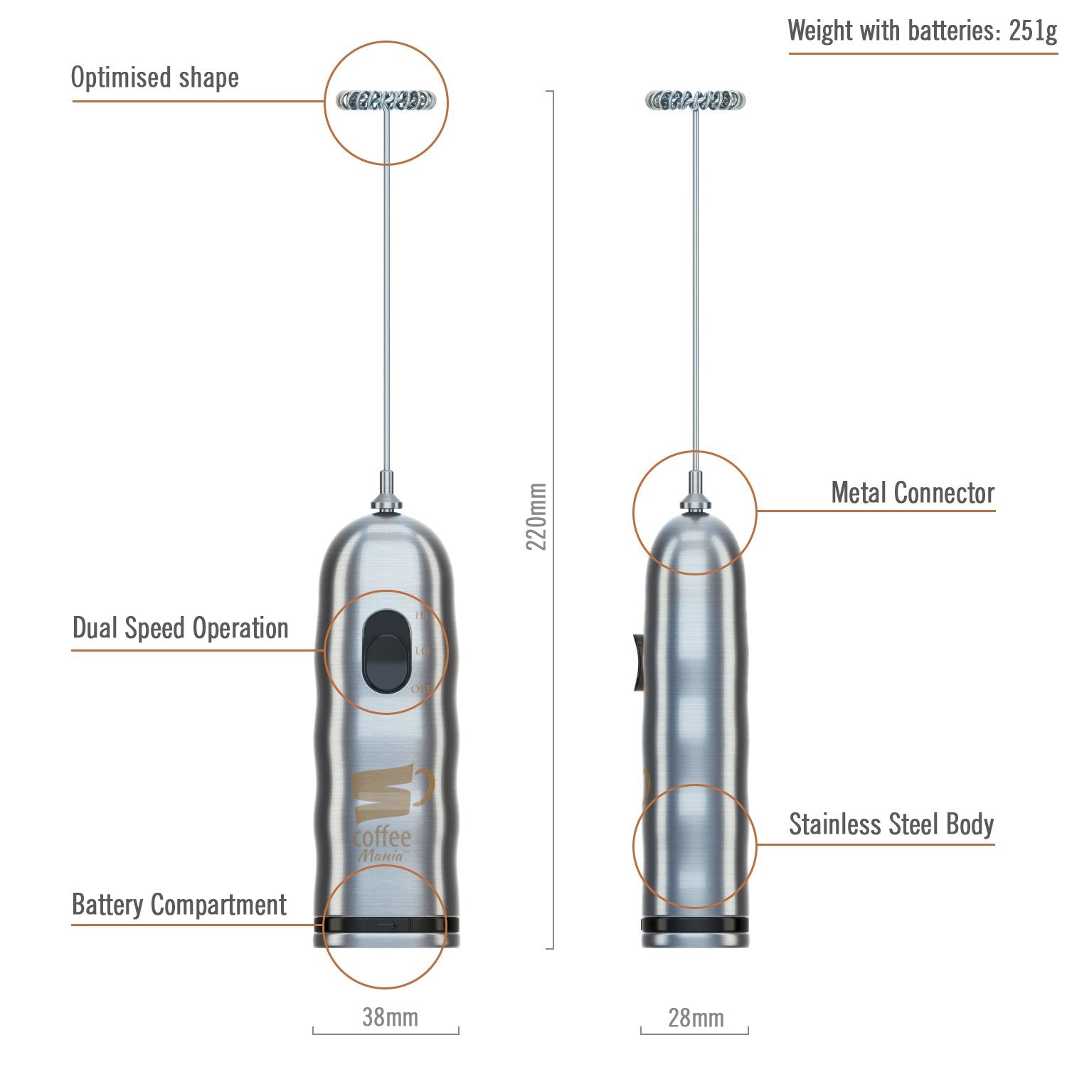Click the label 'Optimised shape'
point(154,78)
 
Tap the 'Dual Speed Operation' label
point(181,628)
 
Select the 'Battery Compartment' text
point(179,905)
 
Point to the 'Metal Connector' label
point(913,492)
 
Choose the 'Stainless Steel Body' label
point(891,824)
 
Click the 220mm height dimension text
point(536,516)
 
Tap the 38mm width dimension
point(390,1017)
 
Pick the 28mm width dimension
point(696,1018)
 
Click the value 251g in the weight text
point(1033,31)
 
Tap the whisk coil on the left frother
point(386,100)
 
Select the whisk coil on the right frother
point(696,100)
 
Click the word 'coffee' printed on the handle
point(382,837)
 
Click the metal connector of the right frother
point(696,501)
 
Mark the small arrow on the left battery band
point(388,925)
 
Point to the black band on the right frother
point(695,925)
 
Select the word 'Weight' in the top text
point(819,31)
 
